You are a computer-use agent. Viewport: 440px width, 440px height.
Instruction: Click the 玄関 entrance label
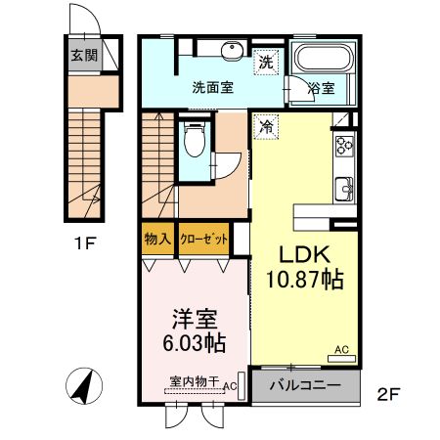tap(82, 56)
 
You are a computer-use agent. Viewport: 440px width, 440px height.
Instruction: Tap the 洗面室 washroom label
tap(212, 86)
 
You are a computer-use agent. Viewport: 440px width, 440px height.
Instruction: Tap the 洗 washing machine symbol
tap(266, 62)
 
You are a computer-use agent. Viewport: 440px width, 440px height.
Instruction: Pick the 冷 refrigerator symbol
tap(266, 124)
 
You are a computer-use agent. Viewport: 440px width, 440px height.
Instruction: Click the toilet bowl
tap(196, 141)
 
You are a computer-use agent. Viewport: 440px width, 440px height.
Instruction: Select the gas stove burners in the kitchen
tap(344, 148)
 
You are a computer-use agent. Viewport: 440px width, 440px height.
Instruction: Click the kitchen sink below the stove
tap(344, 187)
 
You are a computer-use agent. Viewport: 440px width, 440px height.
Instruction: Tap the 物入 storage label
tap(157, 239)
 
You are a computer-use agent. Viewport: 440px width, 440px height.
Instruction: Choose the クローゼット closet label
tap(204, 239)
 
